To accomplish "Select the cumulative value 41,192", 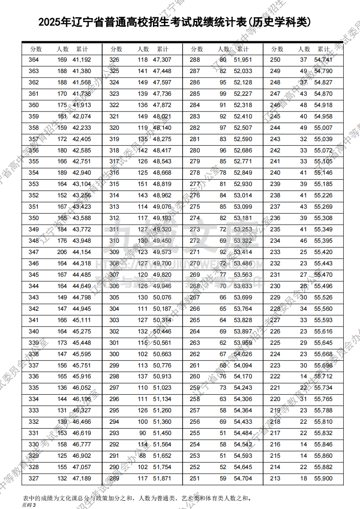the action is pyautogui.click(x=82, y=60).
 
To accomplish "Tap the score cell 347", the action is pyautogui.click(x=34, y=252).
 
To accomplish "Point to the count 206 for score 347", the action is pyautogui.click(x=62, y=252).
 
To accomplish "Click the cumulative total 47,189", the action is pyautogui.click(x=82, y=479).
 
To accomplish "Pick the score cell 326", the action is pyautogui.click(x=114, y=60).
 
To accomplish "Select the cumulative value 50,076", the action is pyautogui.click(x=162, y=298).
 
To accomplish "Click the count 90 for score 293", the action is pyautogui.click(x=143, y=433).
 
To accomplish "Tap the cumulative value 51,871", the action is pyautogui.click(x=162, y=479).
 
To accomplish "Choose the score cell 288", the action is pyautogui.click(x=195, y=60).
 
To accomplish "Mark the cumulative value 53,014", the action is pyautogui.click(x=243, y=196).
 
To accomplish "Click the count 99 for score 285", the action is pyautogui.click(x=223, y=94).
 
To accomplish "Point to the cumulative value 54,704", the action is pyautogui.click(x=243, y=479).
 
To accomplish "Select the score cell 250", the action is pyautogui.click(x=275, y=60).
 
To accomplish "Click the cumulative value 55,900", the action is pyautogui.click(x=323, y=479).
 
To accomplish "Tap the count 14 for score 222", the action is pyautogui.click(x=304, y=377).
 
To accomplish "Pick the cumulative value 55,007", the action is pyautogui.click(x=323, y=128).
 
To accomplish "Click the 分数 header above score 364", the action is pyautogui.click(x=36, y=49).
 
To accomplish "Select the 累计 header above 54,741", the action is pyautogui.click(x=324, y=49).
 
